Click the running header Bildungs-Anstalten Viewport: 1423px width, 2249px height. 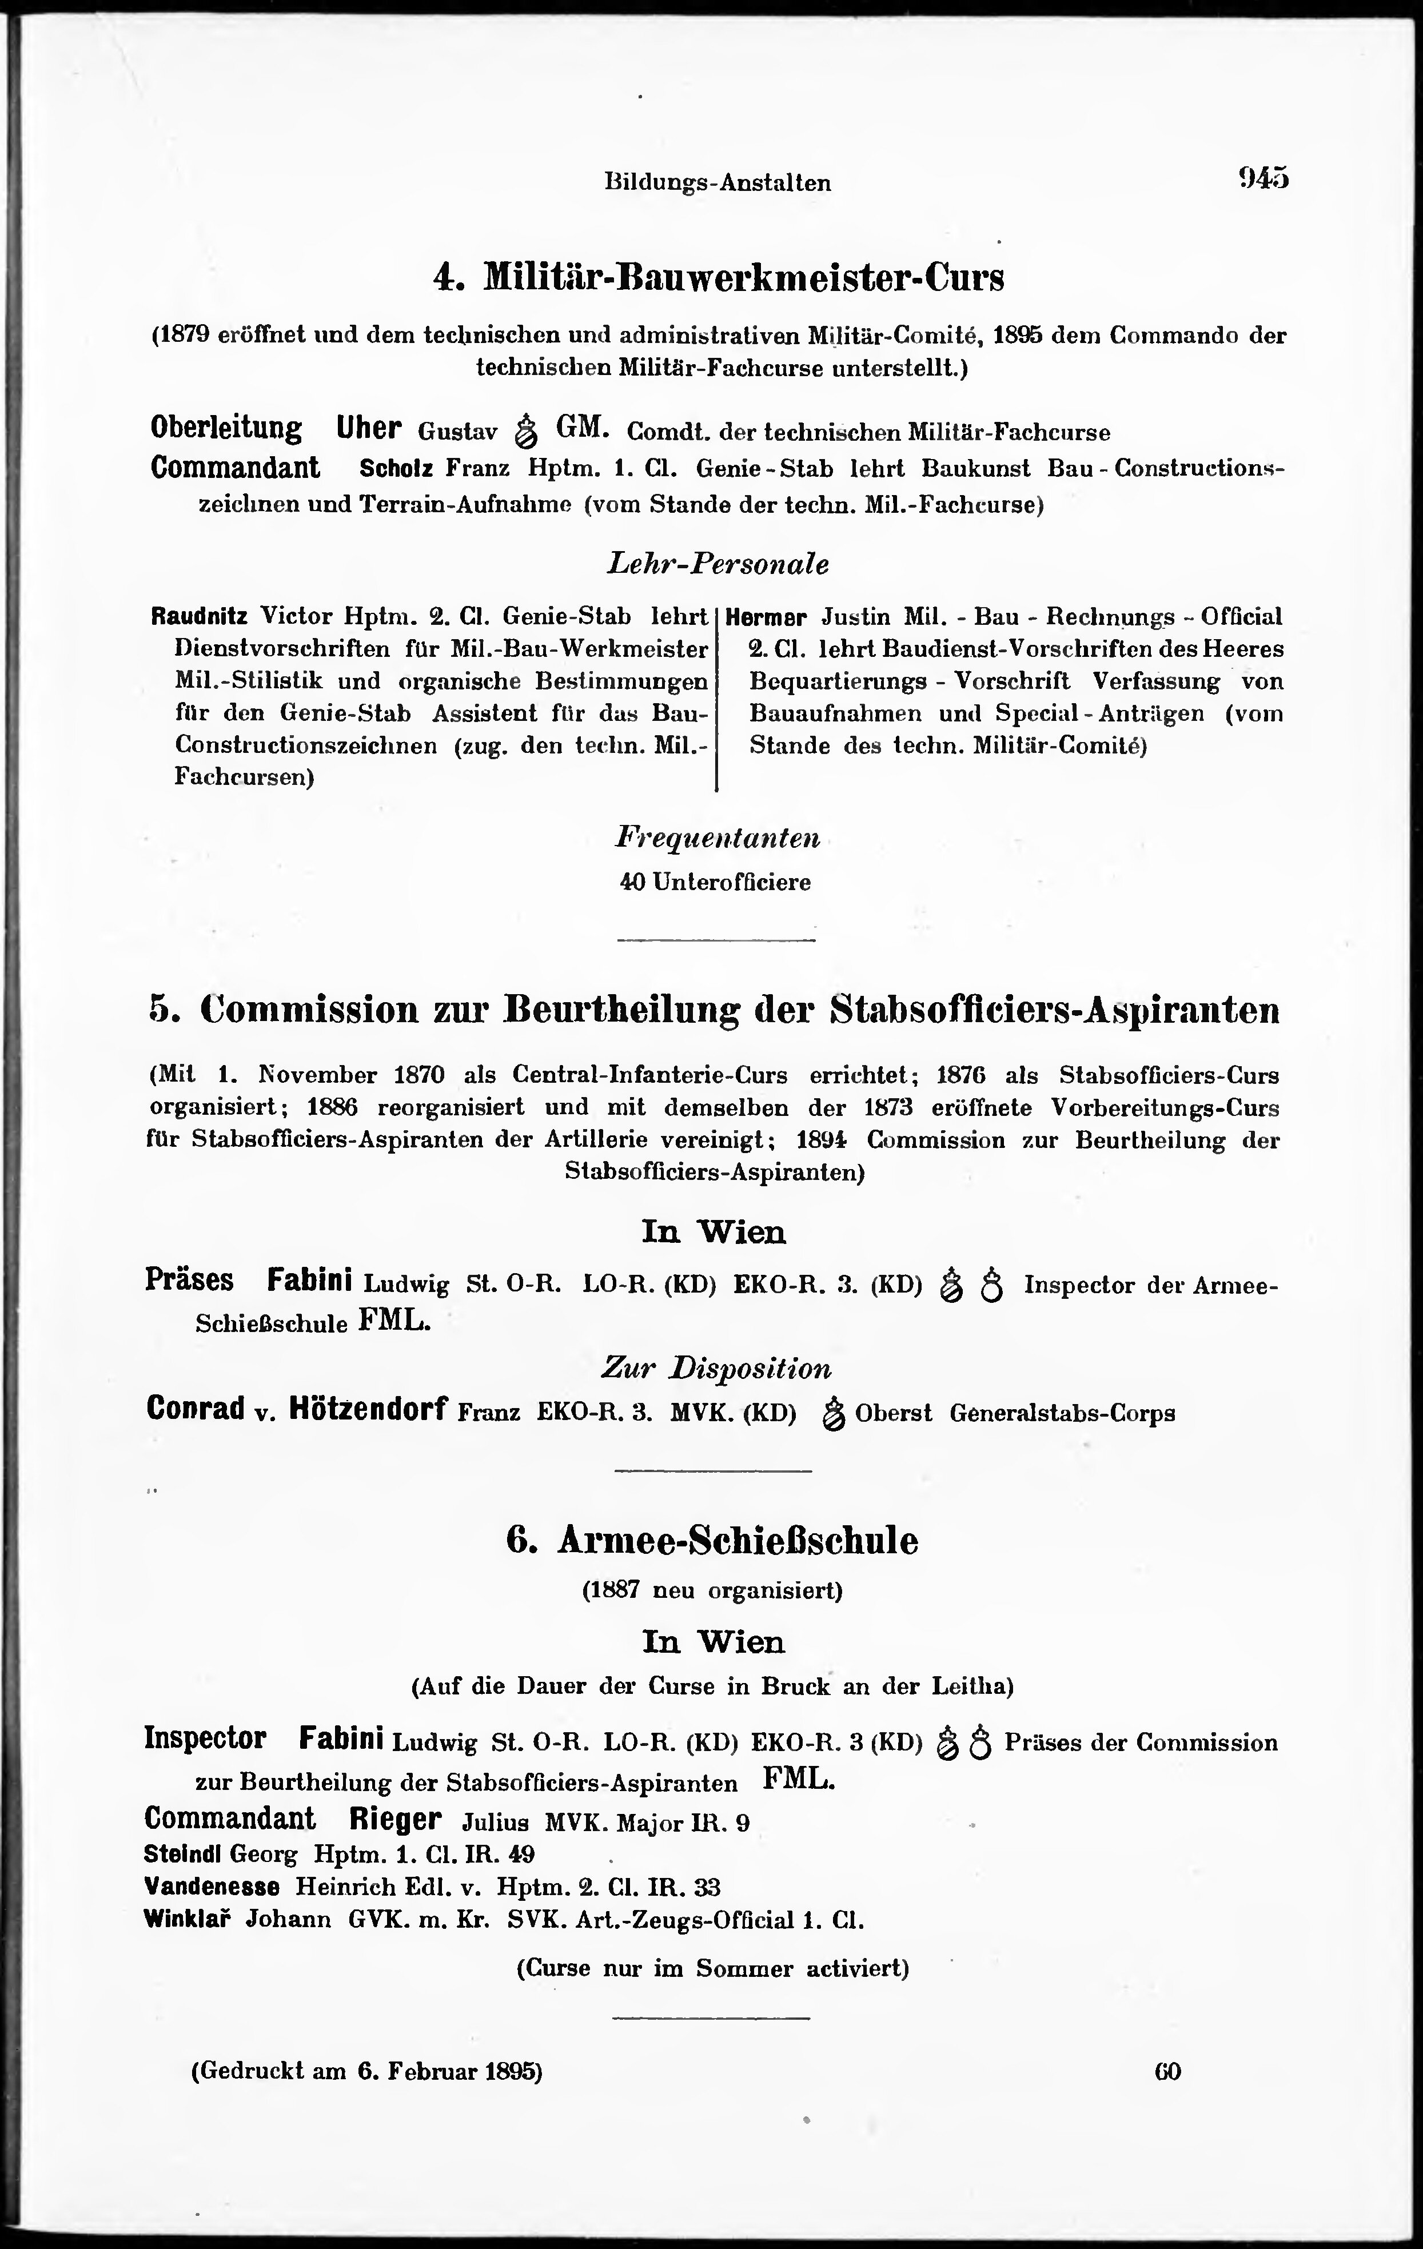point(717,183)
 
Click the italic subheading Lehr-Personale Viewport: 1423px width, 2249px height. point(717,564)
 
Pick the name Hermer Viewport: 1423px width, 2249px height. point(766,617)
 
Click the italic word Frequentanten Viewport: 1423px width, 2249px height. point(717,838)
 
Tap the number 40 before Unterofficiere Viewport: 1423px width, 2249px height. point(633,882)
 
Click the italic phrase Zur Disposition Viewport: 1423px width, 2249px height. point(715,1369)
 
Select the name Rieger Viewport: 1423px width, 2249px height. point(395,1819)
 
